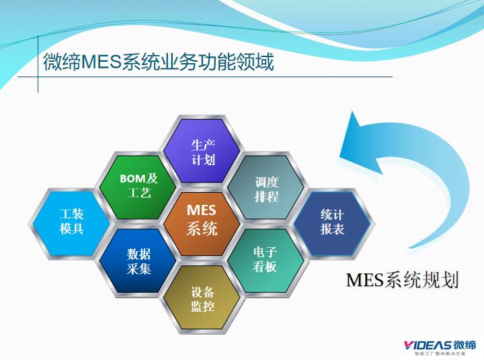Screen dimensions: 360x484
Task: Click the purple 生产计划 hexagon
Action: coord(202,152)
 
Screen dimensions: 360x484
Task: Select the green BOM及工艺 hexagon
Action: coord(139,186)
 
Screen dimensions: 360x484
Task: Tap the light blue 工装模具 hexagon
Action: coord(72,221)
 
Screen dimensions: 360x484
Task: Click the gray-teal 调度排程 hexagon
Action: coord(266,189)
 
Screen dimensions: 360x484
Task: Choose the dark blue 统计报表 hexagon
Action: coord(332,222)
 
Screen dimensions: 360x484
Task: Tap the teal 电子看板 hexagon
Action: coord(265,259)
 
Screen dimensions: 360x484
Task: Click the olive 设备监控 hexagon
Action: coord(202,299)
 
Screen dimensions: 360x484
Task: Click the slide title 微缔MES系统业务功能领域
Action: coord(158,63)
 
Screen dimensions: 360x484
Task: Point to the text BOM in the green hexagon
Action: coord(132,179)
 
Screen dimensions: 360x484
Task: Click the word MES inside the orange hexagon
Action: coord(202,211)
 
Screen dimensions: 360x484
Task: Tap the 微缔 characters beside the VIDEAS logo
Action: coord(465,343)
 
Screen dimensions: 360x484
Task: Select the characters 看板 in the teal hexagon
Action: coord(265,267)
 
